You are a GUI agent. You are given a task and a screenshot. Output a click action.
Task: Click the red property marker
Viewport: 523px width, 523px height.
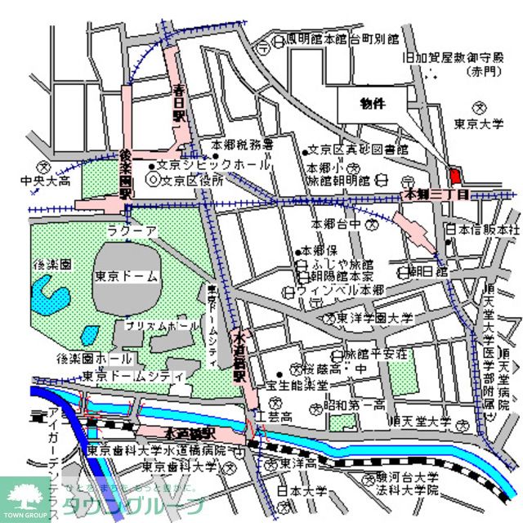[455, 176]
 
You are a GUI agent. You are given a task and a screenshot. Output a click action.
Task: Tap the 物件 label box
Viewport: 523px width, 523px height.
[373, 103]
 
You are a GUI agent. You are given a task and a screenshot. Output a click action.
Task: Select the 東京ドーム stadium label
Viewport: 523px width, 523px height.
[126, 276]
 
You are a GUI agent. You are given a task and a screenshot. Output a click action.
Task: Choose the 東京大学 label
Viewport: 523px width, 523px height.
[477, 123]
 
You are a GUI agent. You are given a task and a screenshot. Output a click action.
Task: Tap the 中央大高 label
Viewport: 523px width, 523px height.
[48, 181]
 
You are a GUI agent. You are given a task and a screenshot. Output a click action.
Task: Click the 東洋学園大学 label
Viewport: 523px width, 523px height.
[377, 319]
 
